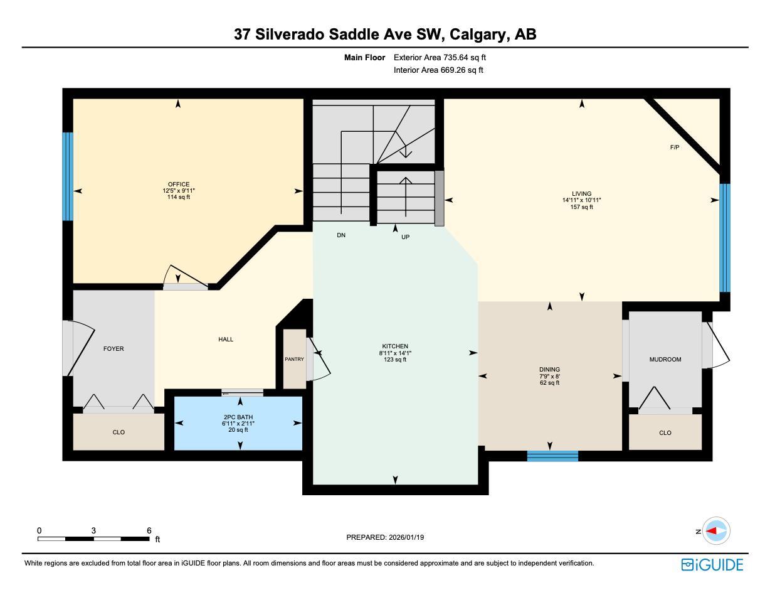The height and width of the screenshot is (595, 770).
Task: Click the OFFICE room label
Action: tap(179, 185)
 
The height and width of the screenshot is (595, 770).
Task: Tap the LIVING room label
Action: tap(581, 194)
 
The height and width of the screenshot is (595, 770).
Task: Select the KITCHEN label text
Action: tap(395, 346)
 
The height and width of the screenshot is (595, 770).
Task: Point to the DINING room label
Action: tap(549, 370)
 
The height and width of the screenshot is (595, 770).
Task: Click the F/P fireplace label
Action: tap(675, 147)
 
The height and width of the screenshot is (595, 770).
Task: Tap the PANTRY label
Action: tap(294, 360)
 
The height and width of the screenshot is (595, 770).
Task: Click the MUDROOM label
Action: tap(665, 360)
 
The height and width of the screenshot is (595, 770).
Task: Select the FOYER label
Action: tap(113, 349)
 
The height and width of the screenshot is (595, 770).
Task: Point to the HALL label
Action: tap(226, 340)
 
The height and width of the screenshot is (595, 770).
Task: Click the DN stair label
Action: tap(341, 235)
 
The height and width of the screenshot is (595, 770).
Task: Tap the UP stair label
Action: tap(405, 237)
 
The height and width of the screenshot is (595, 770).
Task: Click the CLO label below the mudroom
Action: tap(665, 433)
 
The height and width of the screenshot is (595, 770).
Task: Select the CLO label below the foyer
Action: tap(119, 432)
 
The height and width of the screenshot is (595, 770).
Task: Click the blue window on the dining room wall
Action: tap(552, 456)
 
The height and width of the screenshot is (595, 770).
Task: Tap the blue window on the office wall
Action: tap(68, 176)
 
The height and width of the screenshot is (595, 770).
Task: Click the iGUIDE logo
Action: tap(712, 565)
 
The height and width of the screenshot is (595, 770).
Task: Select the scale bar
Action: tap(93, 539)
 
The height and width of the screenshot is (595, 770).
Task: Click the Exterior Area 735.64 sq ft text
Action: tap(440, 57)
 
